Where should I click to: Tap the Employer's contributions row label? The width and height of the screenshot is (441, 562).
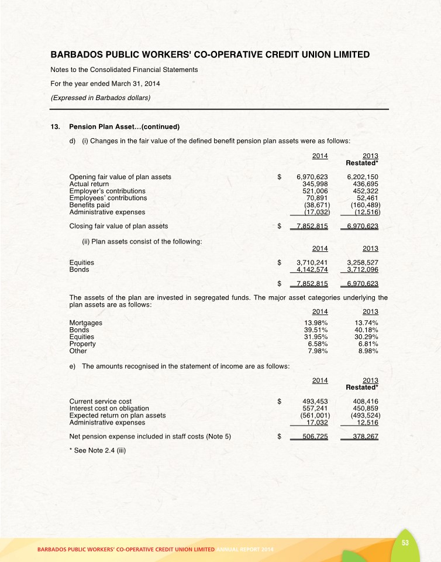point(108,191)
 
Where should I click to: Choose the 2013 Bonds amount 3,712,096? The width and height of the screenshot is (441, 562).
point(363,270)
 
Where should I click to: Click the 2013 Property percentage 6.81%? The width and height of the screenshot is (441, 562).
point(367,344)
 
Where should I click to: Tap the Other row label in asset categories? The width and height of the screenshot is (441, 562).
point(78,351)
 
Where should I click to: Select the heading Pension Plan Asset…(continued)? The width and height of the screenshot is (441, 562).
point(123,126)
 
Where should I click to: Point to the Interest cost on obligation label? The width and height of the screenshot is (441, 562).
point(109,408)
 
